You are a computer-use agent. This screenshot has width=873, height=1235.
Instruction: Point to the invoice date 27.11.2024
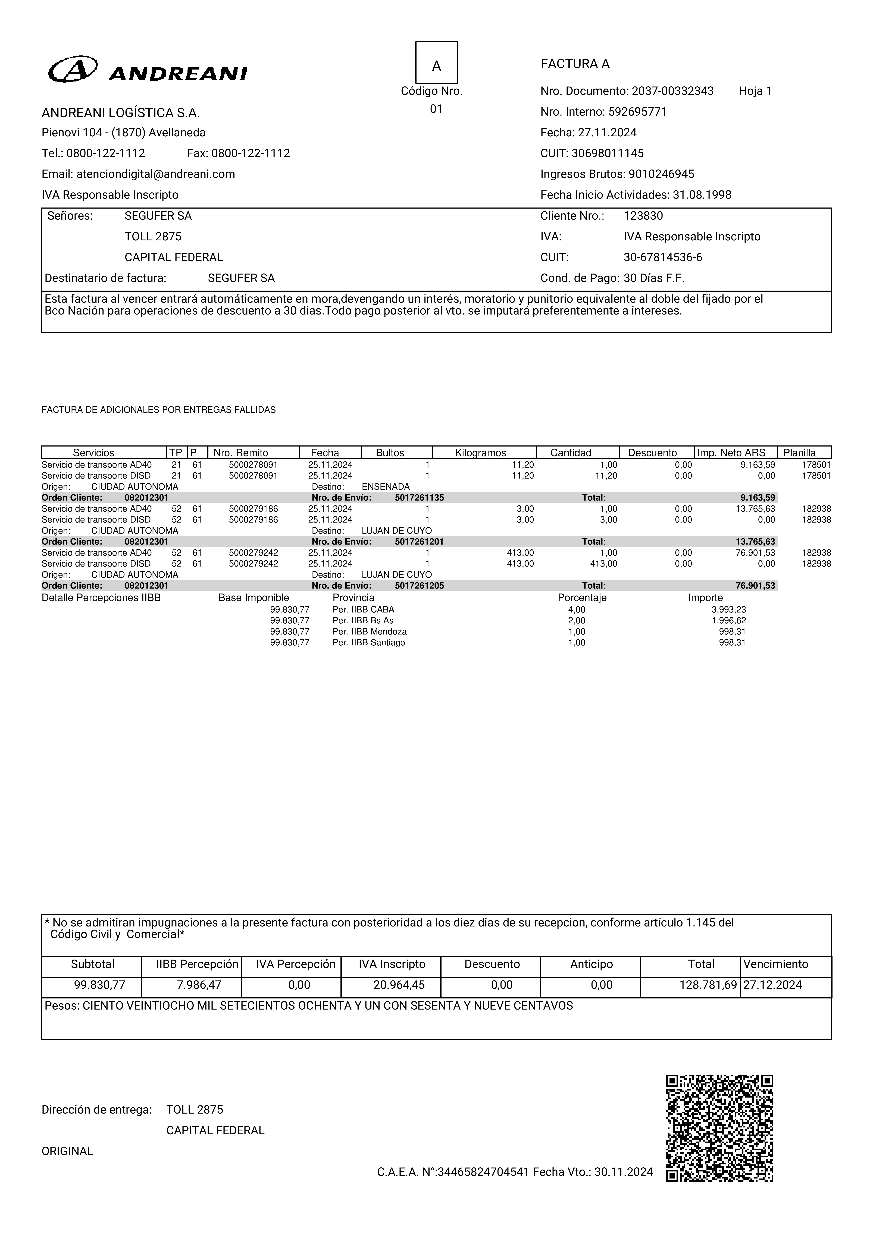click(x=607, y=132)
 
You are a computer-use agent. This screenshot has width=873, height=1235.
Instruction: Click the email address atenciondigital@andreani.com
click(x=155, y=174)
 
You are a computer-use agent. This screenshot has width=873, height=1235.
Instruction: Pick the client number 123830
click(x=643, y=216)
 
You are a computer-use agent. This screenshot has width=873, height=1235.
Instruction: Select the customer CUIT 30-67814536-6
click(x=663, y=257)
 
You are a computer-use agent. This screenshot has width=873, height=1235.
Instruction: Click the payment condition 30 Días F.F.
click(x=654, y=278)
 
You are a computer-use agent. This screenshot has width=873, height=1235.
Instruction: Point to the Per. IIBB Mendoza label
click(x=370, y=631)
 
